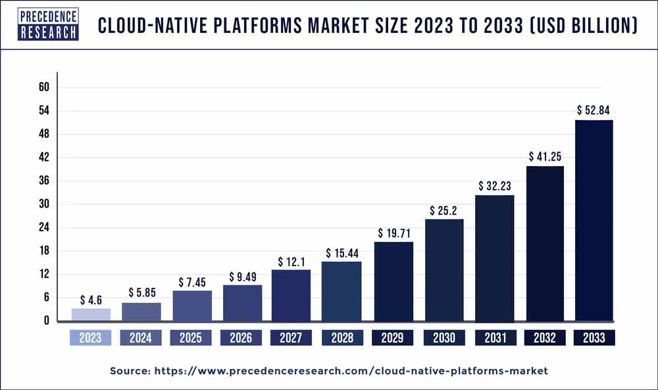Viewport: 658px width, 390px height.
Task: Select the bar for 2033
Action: (594, 220)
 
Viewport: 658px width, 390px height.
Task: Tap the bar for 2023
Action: (91, 314)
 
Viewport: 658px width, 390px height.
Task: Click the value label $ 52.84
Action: (594, 109)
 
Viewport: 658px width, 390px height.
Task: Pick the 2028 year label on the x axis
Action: (342, 338)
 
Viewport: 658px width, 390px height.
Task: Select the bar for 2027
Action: (291, 295)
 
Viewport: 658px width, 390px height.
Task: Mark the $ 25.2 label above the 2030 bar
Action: (443, 209)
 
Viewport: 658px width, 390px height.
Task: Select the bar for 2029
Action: (393, 281)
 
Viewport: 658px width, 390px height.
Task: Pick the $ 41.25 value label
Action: (544, 156)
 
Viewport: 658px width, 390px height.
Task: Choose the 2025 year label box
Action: (191, 338)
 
